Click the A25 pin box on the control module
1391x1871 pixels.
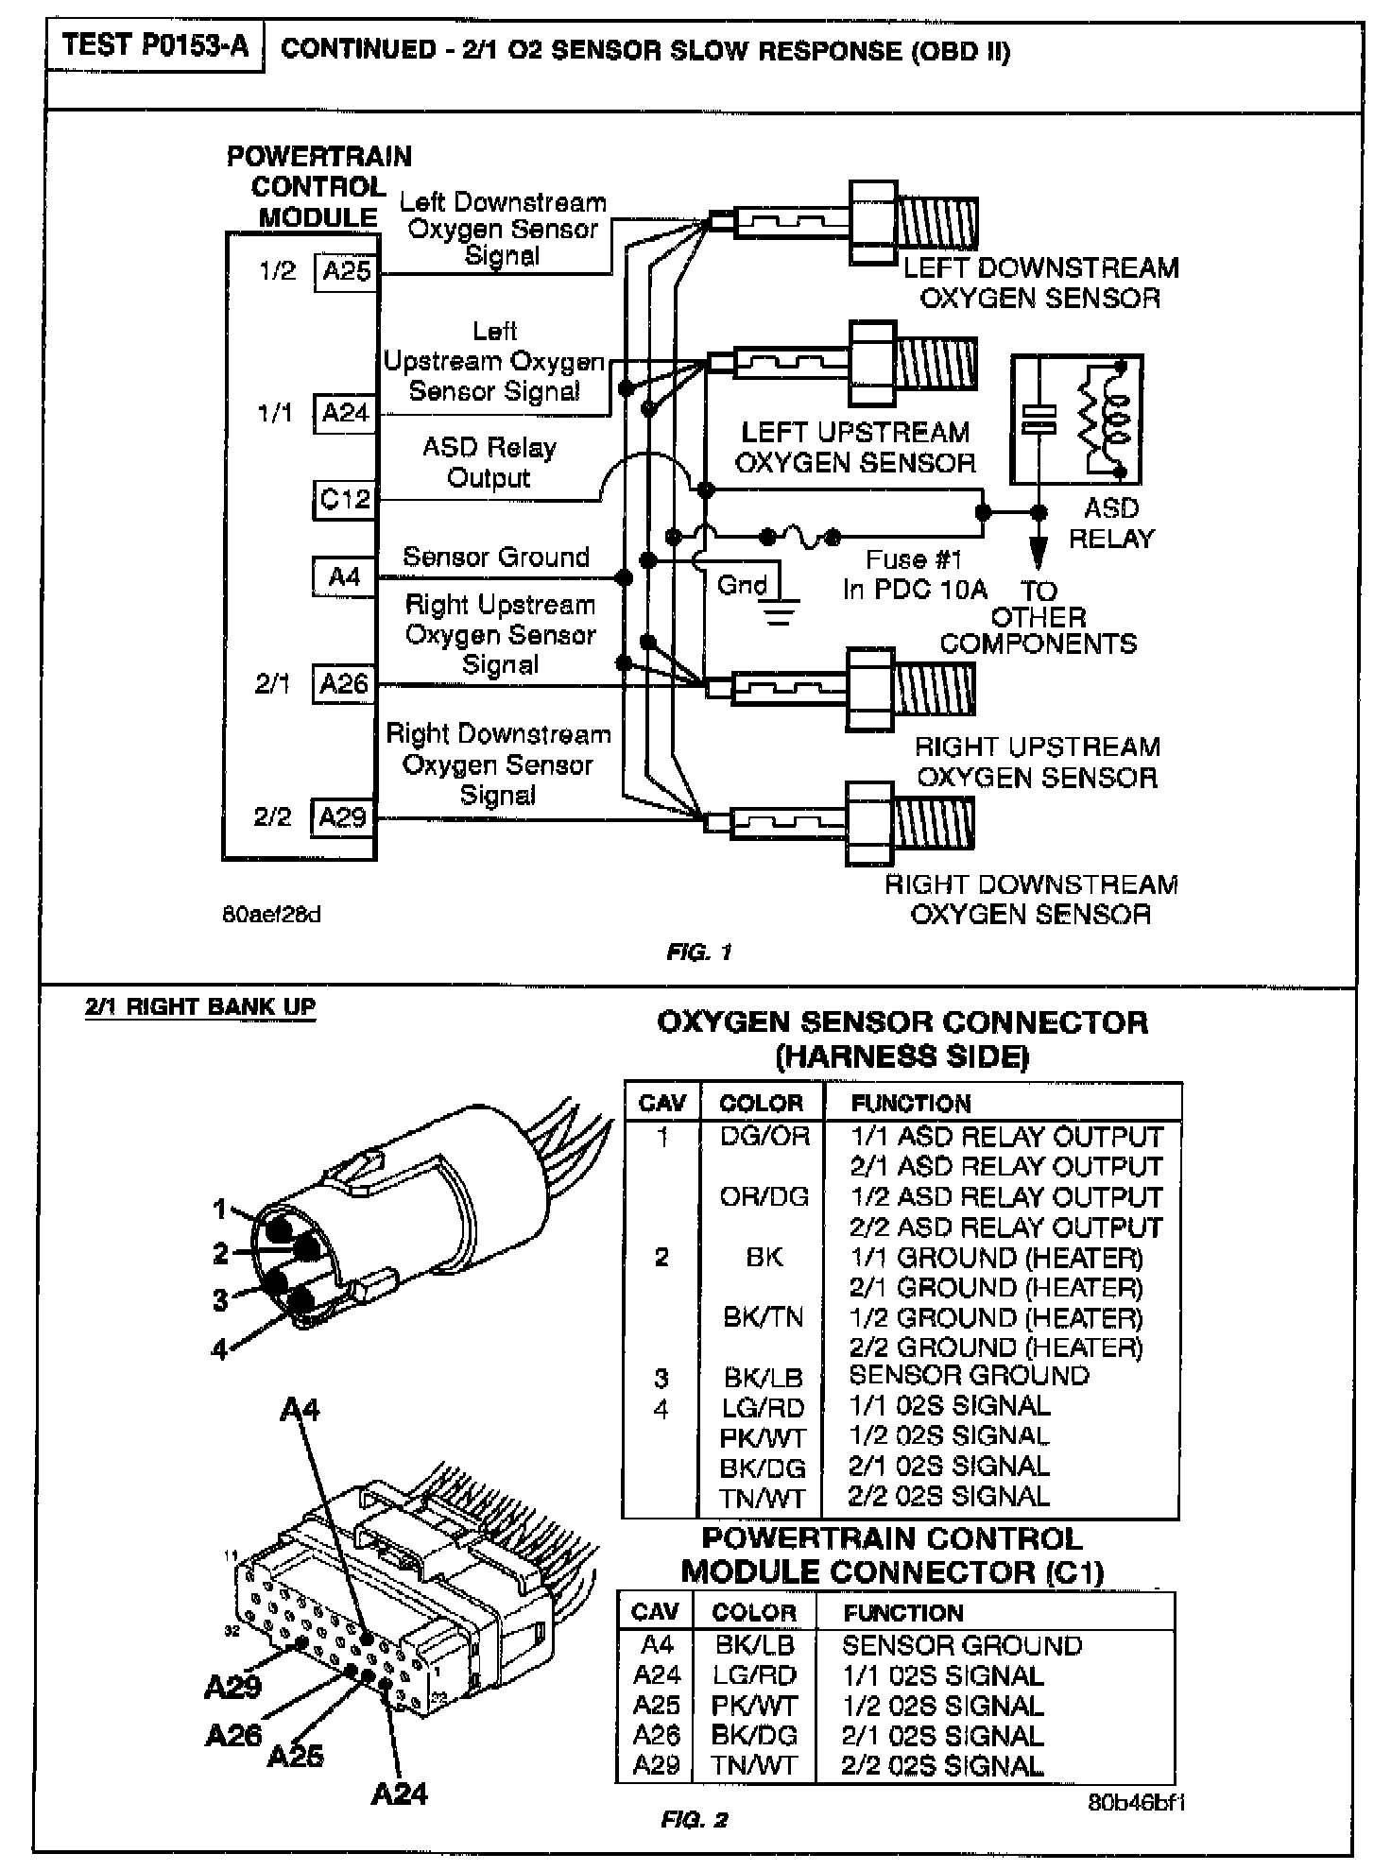click(x=346, y=272)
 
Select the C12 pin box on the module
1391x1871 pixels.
click(x=345, y=498)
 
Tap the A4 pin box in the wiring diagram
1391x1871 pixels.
click(x=345, y=576)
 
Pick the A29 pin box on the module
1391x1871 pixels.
click(x=343, y=817)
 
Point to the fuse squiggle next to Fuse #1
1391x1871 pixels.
click(x=800, y=538)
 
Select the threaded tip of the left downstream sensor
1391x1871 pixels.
click(x=937, y=224)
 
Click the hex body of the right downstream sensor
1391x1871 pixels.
click(x=869, y=823)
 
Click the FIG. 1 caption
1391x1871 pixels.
click(x=699, y=953)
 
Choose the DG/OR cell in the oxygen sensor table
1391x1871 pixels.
click(x=764, y=1136)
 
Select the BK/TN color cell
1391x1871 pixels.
click(x=763, y=1317)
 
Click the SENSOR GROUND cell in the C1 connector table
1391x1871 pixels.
click(x=962, y=1645)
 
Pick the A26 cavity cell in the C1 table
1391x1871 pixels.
click(x=657, y=1735)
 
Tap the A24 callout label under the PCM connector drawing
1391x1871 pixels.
click(x=399, y=1794)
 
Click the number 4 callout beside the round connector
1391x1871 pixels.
click(x=219, y=1349)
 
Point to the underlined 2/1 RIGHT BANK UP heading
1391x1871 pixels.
click(x=200, y=1007)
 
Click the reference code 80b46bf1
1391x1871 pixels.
click(x=1136, y=1802)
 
